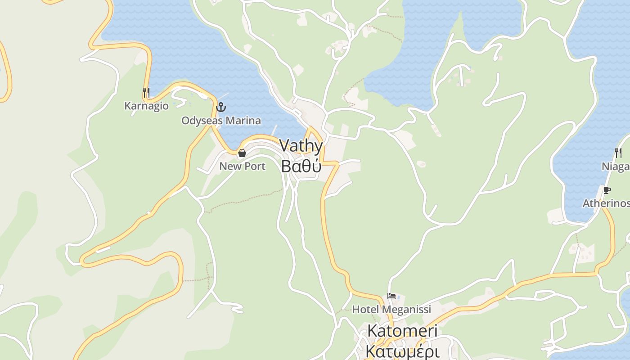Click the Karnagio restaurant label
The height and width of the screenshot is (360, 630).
point(146,106)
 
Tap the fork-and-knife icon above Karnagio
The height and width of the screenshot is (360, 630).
point(146,93)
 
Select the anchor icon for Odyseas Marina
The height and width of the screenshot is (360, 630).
point(220,107)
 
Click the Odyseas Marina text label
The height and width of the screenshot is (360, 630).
point(221,121)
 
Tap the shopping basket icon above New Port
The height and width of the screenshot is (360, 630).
point(242,153)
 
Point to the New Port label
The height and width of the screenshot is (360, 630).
point(242,166)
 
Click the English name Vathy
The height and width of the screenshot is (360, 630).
point(301,146)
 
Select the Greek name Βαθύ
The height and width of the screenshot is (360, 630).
point(301,166)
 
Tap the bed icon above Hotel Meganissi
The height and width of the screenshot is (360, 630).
point(391,296)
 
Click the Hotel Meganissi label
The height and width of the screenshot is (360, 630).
point(391,310)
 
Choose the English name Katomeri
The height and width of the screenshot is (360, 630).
point(402,331)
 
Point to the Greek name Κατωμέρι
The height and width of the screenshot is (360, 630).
point(402,350)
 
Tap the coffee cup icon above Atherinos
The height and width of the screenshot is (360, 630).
point(607,190)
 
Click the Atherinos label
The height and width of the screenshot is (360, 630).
point(606,203)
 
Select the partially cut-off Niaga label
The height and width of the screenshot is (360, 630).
point(616,167)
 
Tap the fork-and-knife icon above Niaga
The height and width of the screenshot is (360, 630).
point(618,153)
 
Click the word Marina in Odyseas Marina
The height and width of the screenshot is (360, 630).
point(243,121)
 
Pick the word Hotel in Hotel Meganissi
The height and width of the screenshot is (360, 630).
point(363,310)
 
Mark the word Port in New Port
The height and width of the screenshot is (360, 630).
point(255,166)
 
